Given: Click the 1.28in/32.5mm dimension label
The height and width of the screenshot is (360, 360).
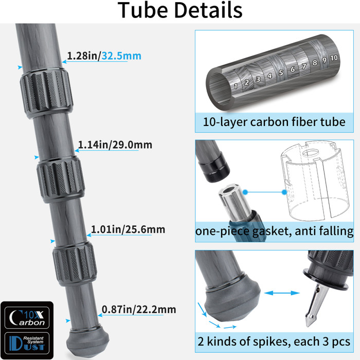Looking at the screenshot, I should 104,56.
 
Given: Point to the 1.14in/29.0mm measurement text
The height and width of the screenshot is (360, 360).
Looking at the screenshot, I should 115,145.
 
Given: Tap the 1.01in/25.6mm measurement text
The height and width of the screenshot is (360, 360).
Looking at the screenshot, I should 128,229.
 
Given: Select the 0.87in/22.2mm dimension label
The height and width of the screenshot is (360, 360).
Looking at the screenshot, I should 139,309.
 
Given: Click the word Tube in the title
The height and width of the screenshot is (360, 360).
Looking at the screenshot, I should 145,11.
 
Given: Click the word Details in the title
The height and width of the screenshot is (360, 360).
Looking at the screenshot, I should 210,11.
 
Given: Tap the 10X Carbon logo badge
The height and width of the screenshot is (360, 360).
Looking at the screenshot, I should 27,317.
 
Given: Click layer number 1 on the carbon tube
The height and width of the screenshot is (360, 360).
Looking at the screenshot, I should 236,86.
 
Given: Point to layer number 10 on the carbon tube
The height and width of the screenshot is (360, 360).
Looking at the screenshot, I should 334,58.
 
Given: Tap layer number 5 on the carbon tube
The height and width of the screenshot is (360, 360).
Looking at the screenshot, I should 281,73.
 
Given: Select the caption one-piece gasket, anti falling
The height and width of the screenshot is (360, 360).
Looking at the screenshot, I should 274,231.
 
